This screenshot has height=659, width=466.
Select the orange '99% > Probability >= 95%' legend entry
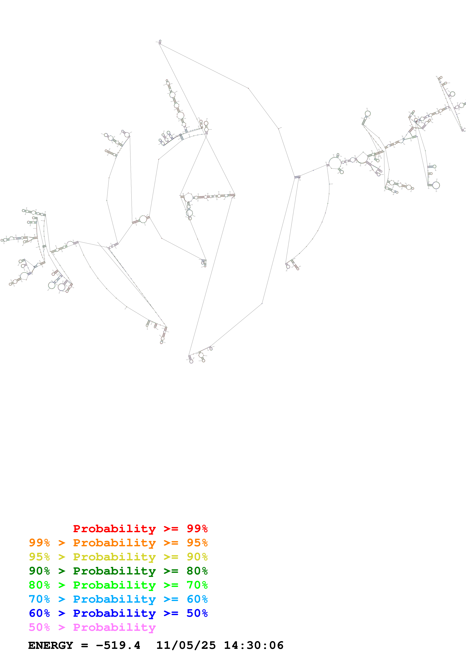coord(118,543)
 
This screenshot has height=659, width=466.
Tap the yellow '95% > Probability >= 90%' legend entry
coord(118,557)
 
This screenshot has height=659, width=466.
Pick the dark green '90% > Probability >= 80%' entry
coord(118,571)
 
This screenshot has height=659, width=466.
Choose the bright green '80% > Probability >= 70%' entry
coord(118,585)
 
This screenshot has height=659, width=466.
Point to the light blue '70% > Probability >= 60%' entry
coord(118,599)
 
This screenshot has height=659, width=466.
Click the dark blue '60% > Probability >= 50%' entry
coord(118,613)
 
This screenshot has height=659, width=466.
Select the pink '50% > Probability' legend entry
coord(92,627)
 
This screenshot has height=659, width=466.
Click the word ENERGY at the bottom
coord(51,645)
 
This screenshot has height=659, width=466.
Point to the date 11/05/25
coord(186,645)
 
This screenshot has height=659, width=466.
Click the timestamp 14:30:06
coord(254,645)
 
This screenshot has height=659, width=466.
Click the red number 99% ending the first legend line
coord(197,529)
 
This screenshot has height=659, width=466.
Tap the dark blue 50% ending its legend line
coord(197,613)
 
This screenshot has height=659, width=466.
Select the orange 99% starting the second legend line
coord(39,543)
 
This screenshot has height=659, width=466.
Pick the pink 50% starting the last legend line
coord(39,627)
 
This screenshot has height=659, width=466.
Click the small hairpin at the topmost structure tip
coord(160,42)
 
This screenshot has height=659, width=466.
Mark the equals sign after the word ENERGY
coord(84,645)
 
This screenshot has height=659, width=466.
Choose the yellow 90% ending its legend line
coord(197,557)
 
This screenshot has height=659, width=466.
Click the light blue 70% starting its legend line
coord(39,599)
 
